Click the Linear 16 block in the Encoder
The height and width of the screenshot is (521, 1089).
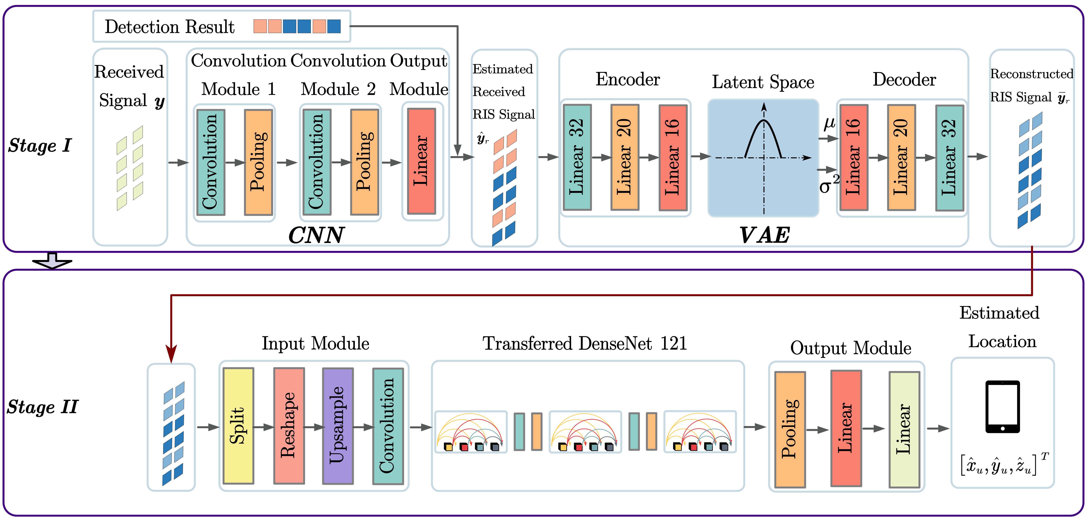(673, 157)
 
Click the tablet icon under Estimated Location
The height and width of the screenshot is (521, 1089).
(1002, 407)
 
